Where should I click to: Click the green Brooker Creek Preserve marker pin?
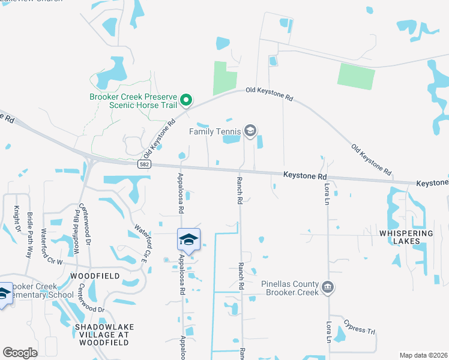coord(186,100)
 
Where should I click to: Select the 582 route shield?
coord(142,164)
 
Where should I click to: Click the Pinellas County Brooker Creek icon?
coord(328,287)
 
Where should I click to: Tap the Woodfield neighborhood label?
coord(95,275)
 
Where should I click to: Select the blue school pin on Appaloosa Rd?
coord(188,241)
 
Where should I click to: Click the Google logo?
coord(20,352)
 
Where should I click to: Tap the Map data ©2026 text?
coord(423,355)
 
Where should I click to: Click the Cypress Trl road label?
coord(359,328)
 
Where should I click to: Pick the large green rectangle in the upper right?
coord(356,76)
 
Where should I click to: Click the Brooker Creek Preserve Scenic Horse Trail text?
coord(133,100)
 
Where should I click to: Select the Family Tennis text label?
coord(214,131)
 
